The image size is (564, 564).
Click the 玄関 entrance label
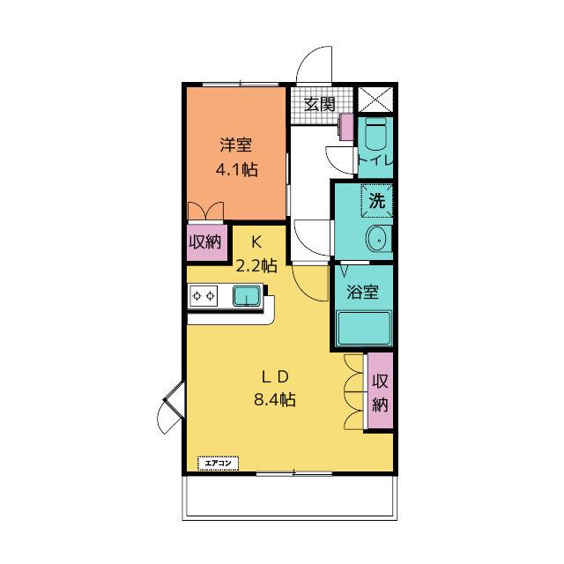coord(320,104)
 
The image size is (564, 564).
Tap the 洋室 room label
coord(236,145)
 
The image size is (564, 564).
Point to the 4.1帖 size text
coord(237,169)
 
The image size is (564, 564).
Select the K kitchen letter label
coord(256,242)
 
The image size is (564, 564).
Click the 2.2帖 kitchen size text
coord(256,265)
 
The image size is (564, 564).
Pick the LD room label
coord(275,377)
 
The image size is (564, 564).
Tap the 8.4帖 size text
coord(275,399)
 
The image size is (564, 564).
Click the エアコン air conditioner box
coord(219,464)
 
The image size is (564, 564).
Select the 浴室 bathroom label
coord(362,292)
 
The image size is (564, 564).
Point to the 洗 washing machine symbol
coord(376,201)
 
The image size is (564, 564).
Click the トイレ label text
coord(375,160)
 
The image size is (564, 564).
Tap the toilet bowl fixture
coord(375,133)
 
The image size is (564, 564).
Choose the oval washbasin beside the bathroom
coord(378,239)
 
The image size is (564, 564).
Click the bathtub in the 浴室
coord(364,329)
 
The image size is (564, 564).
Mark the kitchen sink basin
coord(247,296)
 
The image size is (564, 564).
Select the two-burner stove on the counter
coord(204,296)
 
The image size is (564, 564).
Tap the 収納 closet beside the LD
coord(380,390)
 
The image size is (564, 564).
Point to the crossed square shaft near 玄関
coord(375,99)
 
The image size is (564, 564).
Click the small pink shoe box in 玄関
coord(346,127)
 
